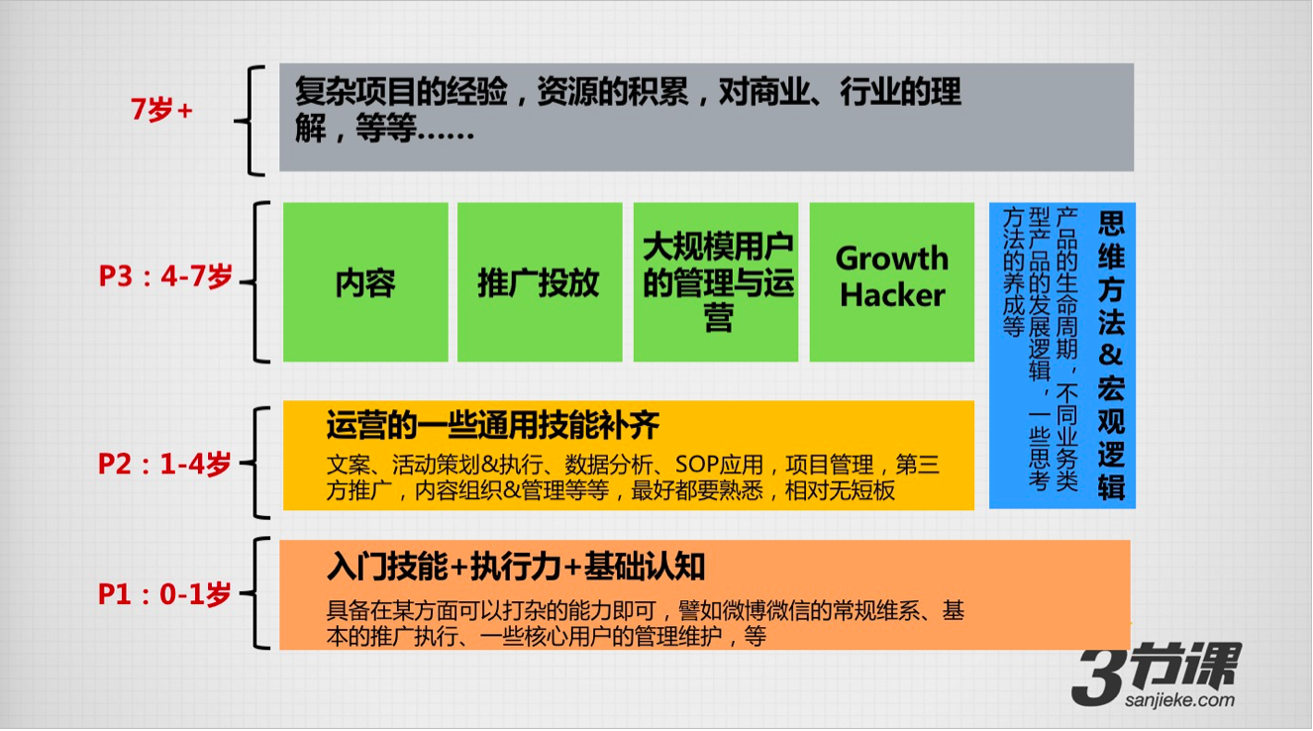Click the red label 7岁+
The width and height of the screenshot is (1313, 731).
pos(161,110)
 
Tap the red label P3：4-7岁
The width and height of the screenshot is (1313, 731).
pos(166,276)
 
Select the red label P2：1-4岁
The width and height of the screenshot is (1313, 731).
pos(164,464)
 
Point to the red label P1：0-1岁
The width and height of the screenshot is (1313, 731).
pos(164,594)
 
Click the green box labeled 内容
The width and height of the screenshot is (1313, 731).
pos(365,282)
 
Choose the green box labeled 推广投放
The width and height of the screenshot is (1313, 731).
pos(540,282)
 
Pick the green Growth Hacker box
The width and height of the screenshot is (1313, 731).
pos(892,282)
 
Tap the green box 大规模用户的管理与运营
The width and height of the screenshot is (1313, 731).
pos(716,282)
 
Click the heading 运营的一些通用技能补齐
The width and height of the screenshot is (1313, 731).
pos(493,425)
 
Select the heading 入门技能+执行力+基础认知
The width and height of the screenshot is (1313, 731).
pos(516,567)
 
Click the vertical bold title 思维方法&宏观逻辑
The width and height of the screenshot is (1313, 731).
pos(1111,356)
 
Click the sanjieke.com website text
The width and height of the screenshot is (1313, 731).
pos(1180,700)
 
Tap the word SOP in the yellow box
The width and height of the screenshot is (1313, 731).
pos(697,465)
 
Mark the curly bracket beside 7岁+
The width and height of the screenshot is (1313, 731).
pos(250,121)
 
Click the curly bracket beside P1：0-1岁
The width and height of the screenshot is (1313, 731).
pos(256,593)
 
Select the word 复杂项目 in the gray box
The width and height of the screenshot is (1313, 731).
pos(355,91)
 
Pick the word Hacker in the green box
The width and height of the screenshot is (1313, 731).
pos(892,295)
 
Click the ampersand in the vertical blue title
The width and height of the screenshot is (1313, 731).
pos(1111,356)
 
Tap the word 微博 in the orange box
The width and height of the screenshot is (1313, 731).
pos(744,611)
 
